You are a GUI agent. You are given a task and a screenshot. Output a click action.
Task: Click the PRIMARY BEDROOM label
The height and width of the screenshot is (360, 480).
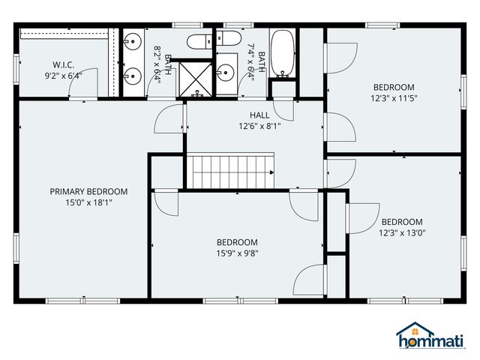[88, 191]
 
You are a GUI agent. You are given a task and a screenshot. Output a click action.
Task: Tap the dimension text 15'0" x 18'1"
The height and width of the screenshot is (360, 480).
[88, 202]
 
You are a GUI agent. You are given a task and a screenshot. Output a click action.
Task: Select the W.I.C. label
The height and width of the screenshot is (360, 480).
[62, 64]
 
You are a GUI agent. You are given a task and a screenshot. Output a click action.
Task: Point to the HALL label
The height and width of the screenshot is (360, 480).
[259, 115]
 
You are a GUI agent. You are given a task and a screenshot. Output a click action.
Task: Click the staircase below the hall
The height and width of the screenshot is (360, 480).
[231, 171]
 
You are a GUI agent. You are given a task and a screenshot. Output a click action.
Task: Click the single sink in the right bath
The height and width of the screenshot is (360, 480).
[226, 73]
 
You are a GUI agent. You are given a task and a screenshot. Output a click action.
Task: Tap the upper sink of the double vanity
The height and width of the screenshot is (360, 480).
[132, 40]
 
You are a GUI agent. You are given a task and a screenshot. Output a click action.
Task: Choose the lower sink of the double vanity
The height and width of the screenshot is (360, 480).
[132, 75]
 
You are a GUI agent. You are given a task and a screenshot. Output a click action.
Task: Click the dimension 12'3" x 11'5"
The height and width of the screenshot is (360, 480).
[393, 98]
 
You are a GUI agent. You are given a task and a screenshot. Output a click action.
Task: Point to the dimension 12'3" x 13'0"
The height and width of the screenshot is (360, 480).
[402, 233]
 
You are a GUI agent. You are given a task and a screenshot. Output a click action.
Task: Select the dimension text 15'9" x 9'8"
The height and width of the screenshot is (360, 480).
[237, 253]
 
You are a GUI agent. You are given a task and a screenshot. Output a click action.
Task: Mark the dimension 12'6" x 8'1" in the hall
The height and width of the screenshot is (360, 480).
[259, 127]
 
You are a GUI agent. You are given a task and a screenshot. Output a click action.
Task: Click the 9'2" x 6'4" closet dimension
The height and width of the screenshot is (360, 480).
[62, 75]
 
